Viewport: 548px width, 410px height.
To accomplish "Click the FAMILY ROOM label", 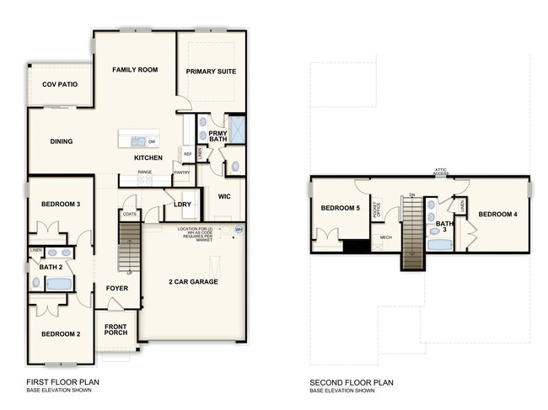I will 136,70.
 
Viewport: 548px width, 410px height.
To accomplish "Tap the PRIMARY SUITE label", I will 211,72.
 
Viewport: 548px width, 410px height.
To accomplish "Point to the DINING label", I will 61,141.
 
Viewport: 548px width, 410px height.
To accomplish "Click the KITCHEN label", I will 148,158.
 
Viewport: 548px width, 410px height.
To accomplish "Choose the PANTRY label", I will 181,173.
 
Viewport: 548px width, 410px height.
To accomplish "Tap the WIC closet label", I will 224,196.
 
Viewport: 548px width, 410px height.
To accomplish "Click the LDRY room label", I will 181,205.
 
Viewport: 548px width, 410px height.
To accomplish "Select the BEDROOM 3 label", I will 61,204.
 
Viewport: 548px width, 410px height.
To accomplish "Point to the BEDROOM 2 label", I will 61,334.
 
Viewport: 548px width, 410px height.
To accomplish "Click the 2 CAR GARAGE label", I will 193,281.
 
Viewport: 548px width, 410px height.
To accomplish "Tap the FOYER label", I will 116,289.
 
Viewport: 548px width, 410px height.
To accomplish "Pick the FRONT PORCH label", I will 116,328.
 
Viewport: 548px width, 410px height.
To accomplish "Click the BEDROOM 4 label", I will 497,214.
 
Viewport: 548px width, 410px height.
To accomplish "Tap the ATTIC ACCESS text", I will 440,172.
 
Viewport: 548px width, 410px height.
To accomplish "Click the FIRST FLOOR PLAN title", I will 62,382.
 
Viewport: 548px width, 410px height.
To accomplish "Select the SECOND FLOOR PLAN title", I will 351,382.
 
